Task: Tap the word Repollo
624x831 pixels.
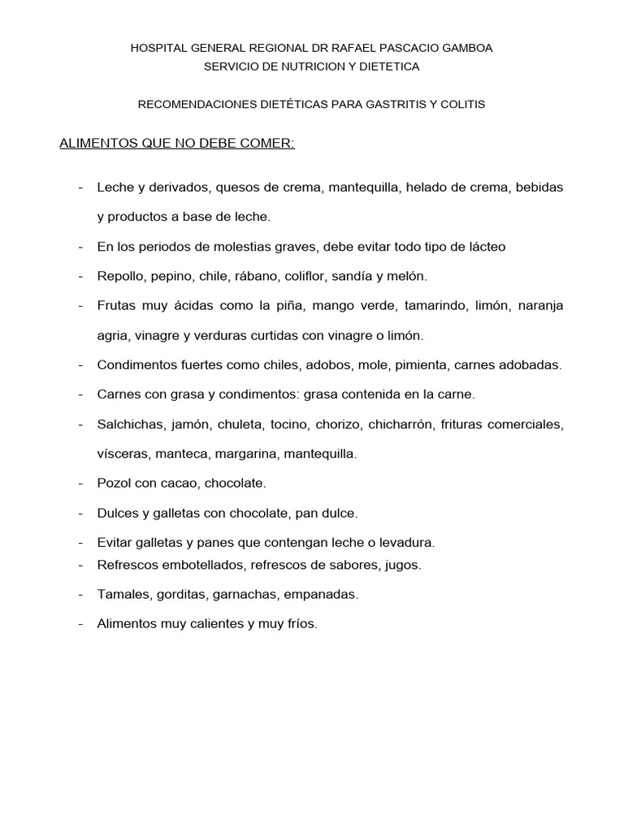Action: pyautogui.click(x=119, y=276)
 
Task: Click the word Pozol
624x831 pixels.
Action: pyautogui.click(x=112, y=483)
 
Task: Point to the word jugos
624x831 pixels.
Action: pyautogui.click(x=404, y=565)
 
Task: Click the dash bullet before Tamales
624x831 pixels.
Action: pyautogui.click(x=81, y=594)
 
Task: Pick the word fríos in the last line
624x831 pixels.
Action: pyautogui.click(x=301, y=624)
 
